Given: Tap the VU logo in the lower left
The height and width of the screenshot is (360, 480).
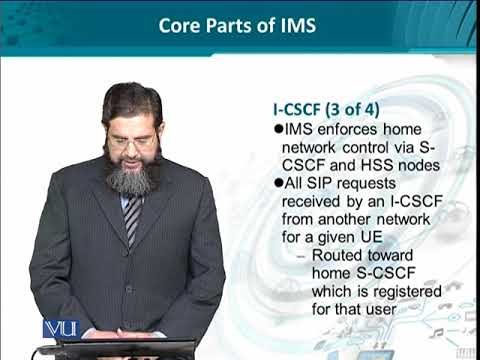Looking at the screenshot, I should (61, 328).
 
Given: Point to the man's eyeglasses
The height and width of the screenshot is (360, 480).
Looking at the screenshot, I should (132, 141).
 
